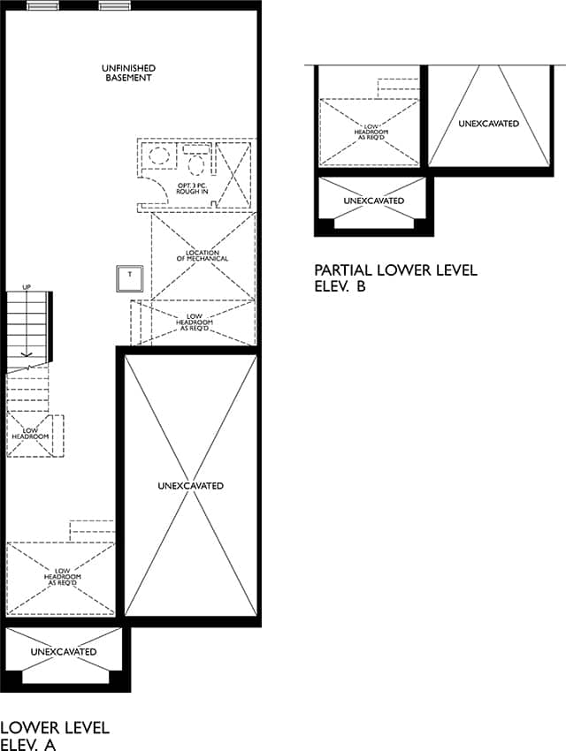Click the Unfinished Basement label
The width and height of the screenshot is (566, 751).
pos(128,72)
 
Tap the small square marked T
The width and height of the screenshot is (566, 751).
pos(129,278)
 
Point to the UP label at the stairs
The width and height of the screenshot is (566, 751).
pos(27,287)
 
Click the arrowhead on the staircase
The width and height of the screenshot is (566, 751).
pos(27,354)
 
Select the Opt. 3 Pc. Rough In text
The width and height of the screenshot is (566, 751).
pos(192,188)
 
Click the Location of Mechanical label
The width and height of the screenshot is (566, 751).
pos(203,255)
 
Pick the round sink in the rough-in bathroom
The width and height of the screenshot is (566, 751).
pos(158,156)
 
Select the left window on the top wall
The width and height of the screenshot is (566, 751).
pos(42,6)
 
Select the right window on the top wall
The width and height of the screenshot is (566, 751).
pos(115,6)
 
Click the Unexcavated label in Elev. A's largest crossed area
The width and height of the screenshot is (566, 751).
pos(191,486)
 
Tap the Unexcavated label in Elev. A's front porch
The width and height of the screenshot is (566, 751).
pos(64,652)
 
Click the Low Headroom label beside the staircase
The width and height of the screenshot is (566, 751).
pos(30,434)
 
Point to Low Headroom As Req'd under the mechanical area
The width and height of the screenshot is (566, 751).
pos(194,322)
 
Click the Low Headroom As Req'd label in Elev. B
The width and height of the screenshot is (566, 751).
pos(371,132)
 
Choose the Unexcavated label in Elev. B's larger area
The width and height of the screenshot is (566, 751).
pos(489,124)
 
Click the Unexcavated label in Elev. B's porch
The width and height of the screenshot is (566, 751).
pos(374,201)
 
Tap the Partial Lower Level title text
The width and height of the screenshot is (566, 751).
pos(396,269)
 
